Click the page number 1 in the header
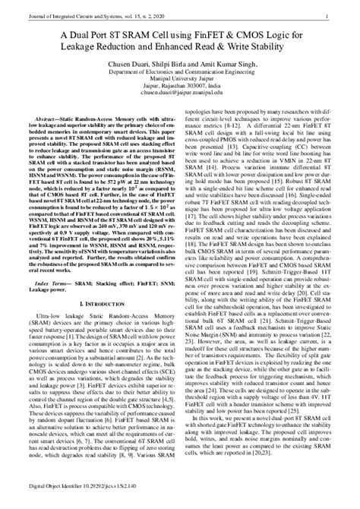tap(325, 15)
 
